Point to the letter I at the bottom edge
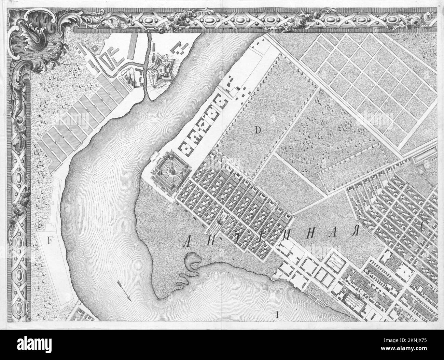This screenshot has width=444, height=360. point(277,314)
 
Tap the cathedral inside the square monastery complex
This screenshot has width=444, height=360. point(169,169)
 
